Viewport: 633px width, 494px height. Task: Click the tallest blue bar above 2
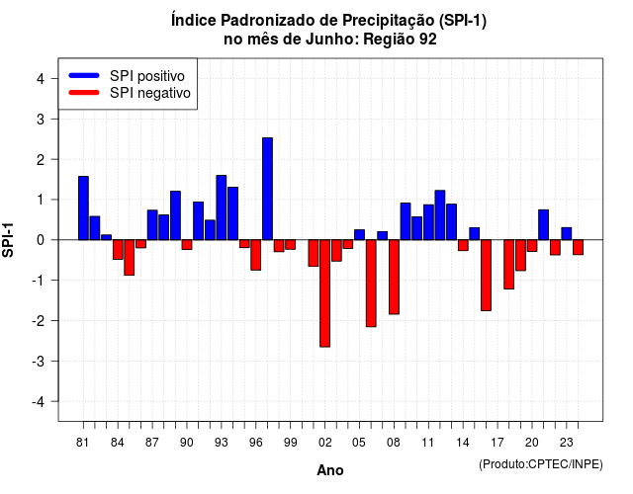[x=267, y=189]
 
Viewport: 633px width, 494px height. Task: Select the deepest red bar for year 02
[x=324, y=293]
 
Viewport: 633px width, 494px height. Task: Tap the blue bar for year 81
[x=83, y=208]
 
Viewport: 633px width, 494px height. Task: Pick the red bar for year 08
[x=394, y=277]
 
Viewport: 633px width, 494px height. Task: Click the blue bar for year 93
[x=222, y=207]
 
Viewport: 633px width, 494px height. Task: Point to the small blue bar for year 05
[x=359, y=235]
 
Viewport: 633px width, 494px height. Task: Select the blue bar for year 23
[x=567, y=234]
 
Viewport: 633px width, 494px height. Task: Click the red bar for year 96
[x=255, y=255]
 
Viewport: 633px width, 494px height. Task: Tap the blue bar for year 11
[x=428, y=222]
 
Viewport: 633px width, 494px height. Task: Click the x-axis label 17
[x=497, y=443]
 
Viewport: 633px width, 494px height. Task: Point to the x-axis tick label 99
[x=290, y=443]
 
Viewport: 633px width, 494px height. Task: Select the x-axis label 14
[x=463, y=443]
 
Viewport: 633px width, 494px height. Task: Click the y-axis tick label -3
[x=39, y=361]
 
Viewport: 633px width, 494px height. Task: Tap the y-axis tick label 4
[x=41, y=79]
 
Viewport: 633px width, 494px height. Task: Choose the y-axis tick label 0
[x=41, y=240]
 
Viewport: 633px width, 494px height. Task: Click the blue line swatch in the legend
[x=84, y=75]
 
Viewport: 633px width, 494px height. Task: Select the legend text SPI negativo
[x=150, y=93]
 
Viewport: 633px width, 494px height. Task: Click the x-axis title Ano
[x=329, y=470]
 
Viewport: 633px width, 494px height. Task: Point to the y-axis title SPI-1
[x=8, y=240]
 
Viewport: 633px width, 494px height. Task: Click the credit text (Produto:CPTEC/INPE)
[x=541, y=464]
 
